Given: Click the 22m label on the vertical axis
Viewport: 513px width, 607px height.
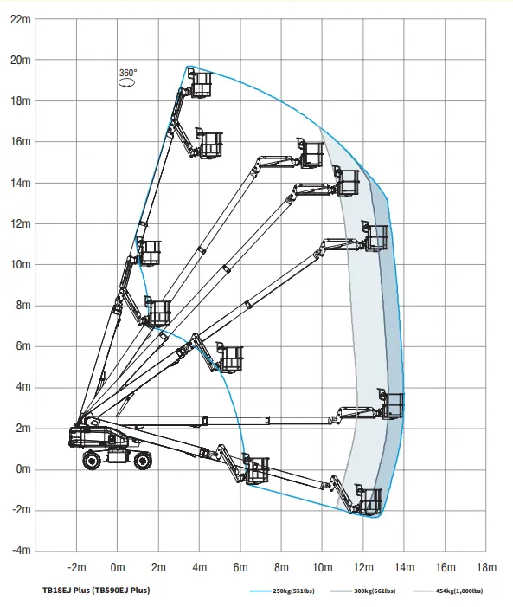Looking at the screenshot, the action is (21, 19).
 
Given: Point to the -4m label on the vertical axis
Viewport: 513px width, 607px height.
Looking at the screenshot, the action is (21, 550).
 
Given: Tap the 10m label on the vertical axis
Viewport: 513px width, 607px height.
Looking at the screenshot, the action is (21, 264).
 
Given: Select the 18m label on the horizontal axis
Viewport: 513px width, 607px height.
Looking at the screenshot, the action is (486, 567).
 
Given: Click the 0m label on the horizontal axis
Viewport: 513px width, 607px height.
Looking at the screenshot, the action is (118, 567).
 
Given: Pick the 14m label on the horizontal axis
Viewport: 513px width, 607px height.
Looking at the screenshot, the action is (404, 567).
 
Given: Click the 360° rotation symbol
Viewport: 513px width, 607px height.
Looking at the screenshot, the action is (127, 78).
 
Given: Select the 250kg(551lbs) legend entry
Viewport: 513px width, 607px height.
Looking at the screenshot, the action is (282, 591).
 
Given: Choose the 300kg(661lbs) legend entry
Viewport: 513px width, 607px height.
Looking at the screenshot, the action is (363, 591).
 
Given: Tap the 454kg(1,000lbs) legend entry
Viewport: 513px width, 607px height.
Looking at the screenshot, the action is (448, 591).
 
